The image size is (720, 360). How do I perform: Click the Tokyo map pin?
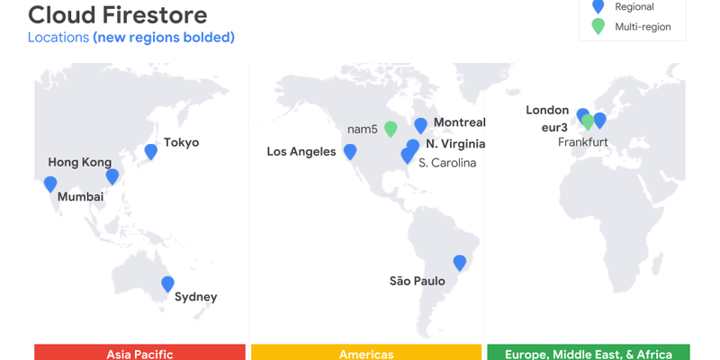point(150,152)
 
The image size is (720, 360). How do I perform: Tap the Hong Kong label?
point(79,162)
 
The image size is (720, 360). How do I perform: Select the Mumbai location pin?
point(50,184)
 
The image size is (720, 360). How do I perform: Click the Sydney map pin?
point(167,284)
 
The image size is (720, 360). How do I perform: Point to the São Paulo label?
point(417,281)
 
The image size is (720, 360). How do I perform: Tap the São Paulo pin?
point(460,263)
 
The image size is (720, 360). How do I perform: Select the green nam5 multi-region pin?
point(391,129)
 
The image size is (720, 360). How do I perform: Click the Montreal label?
point(459,122)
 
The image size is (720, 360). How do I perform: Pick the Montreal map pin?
point(420,126)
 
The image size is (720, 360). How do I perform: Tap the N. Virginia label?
point(455,144)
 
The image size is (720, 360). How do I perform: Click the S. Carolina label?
point(446,163)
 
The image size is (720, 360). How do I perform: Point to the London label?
point(547,110)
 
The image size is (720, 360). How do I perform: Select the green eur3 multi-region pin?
point(588,121)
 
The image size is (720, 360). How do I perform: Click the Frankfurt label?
point(582,142)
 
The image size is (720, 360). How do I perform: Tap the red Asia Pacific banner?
point(139,353)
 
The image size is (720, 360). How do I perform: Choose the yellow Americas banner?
point(366,353)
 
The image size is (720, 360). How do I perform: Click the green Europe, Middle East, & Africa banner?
point(587,353)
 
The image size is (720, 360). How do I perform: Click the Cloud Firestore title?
point(117,15)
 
